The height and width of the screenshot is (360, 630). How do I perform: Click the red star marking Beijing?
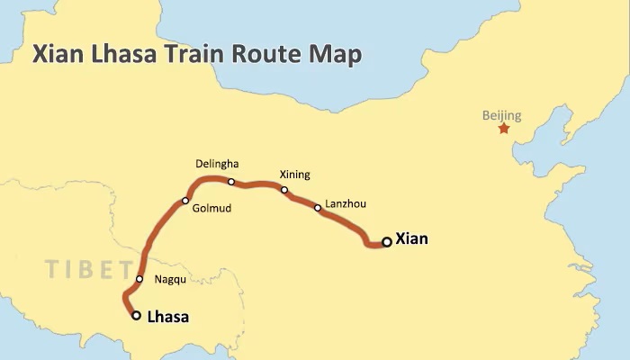click(x=503, y=129)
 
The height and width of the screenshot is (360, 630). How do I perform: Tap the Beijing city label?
click(x=501, y=115)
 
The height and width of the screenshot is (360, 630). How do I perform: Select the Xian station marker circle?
click(x=387, y=241)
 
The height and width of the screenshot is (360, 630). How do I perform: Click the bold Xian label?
click(x=412, y=239)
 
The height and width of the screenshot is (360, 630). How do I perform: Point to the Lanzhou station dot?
click(x=318, y=208)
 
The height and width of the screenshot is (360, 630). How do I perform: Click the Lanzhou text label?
click(x=345, y=205)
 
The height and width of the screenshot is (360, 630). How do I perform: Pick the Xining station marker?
click(x=284, y=190)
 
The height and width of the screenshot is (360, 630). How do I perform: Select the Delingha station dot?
click(x=231, y=182)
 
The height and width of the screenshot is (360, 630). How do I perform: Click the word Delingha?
click(x=218, y=164)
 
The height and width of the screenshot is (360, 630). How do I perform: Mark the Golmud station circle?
click(x=185, y=201)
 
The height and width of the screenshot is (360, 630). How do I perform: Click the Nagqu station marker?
click(x=139, y=279)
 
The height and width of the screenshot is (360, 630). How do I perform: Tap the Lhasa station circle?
click(x=136, y=316)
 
